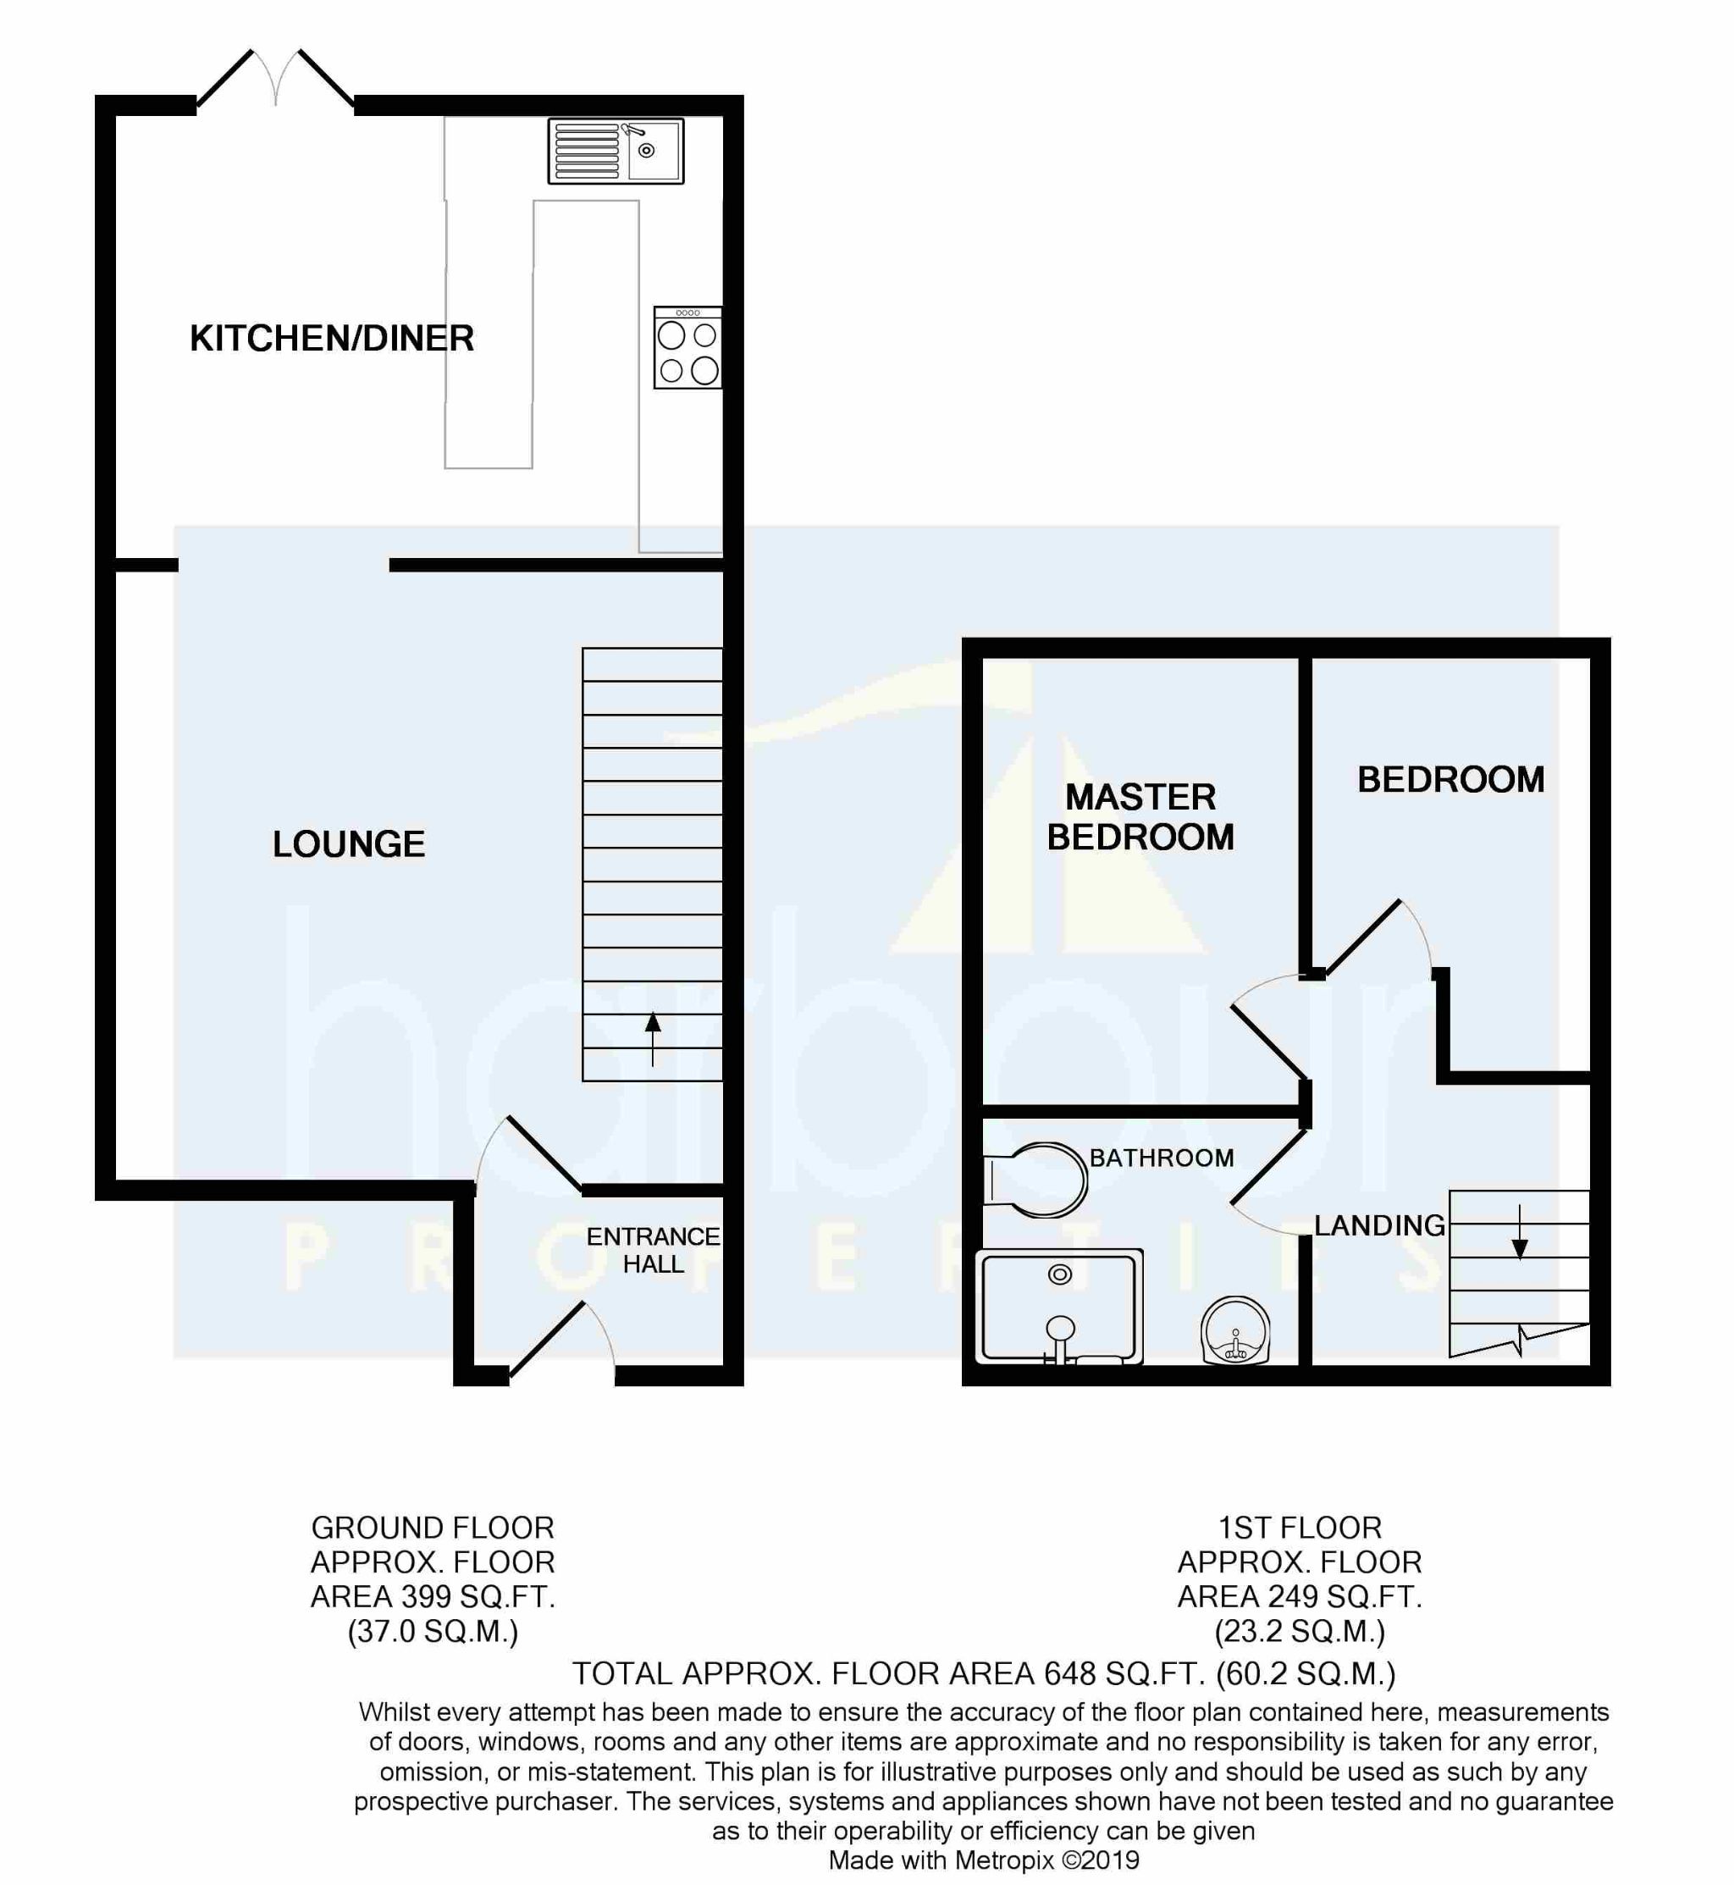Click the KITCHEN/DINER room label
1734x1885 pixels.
pyautogui.click(x=332, y=338)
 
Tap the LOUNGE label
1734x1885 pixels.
pyautogui.click(x=349, y=843)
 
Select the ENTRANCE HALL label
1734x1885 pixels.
pyautogui.click(x=653, y=1250)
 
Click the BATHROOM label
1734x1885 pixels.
pyautogui.click(x=1162, y=1158)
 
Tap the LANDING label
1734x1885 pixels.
pyautogui.click(x=1379, y=1225)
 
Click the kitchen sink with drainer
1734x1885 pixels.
pyautogui.click(x=616, y=150)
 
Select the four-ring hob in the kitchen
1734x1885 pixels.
pyautogui.click(x=688, y=347)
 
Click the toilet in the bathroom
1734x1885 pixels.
pyautogui.click(x=1035, y=1180)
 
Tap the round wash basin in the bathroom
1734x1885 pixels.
pyautogui.click(x=1234, y=1329)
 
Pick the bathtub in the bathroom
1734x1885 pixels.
pyautogui.click(x=1059, y=1306)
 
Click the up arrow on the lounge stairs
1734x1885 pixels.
pyautogui.click(x=653, y=1039)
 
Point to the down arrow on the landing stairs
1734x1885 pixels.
pyautogui.click(x=1520, y=1231)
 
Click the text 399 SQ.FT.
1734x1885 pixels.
pyautogui.click(x=478, y=1596)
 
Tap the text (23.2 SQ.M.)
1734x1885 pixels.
pyautogui.click(x=1300, y=1632)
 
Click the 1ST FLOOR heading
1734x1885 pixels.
pyautogui.click(x=1300, y=1528)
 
